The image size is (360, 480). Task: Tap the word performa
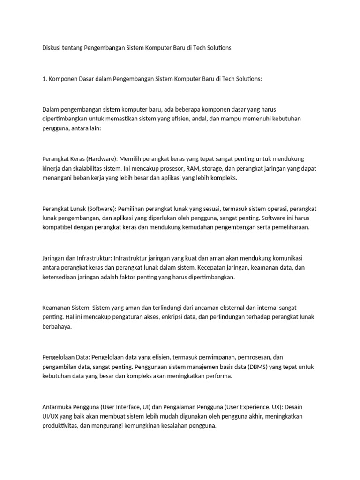coord(218,376)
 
